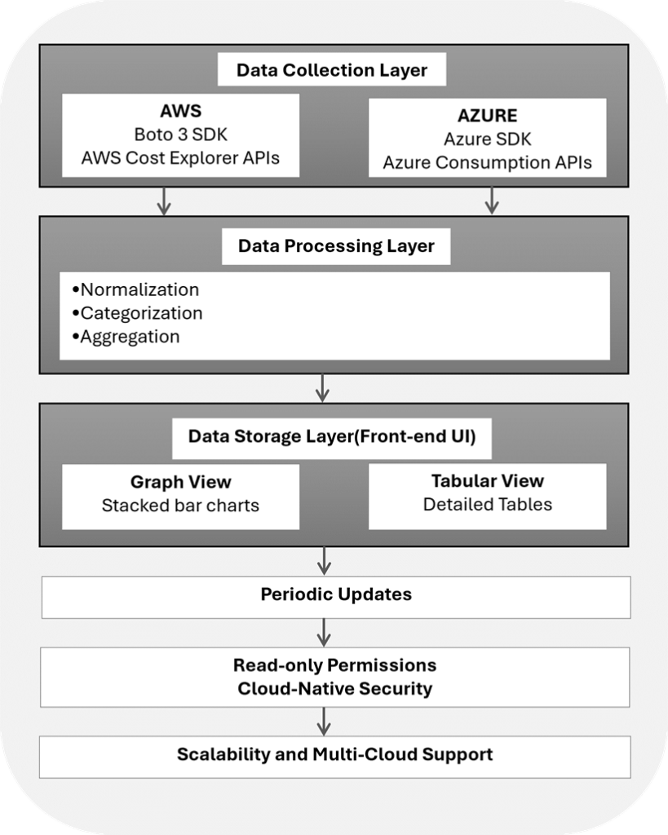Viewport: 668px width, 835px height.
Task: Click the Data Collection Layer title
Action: [331, 70]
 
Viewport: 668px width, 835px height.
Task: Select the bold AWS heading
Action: [180, 111]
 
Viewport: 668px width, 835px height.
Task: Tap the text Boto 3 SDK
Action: [180, 135]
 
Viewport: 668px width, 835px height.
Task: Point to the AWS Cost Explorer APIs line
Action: [180, 157]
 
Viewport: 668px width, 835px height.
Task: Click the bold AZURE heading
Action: [488, 116]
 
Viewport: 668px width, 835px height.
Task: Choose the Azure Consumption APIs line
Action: [488, 162]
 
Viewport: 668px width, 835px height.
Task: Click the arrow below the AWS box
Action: [164, 201]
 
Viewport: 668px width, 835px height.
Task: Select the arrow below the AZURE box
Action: [492, 201]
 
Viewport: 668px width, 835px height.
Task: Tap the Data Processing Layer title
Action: [336, 246]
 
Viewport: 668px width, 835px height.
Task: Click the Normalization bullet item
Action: [136, 289]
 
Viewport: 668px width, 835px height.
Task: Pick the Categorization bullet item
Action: [138, 313]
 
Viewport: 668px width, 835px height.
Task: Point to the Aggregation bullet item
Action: [126, 337]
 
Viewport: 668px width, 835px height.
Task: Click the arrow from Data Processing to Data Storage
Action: [322, 387]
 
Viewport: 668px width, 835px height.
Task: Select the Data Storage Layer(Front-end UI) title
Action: [332, 437]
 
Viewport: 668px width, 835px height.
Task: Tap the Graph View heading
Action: [180, 482]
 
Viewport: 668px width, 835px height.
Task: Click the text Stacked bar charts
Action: [180, 506]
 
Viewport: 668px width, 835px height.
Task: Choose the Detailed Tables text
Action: [488, 504]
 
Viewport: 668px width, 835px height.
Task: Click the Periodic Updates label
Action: [336, 594]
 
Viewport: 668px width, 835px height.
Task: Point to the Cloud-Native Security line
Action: [335, 688]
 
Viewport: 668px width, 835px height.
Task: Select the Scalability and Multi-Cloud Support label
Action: [335, 754]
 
